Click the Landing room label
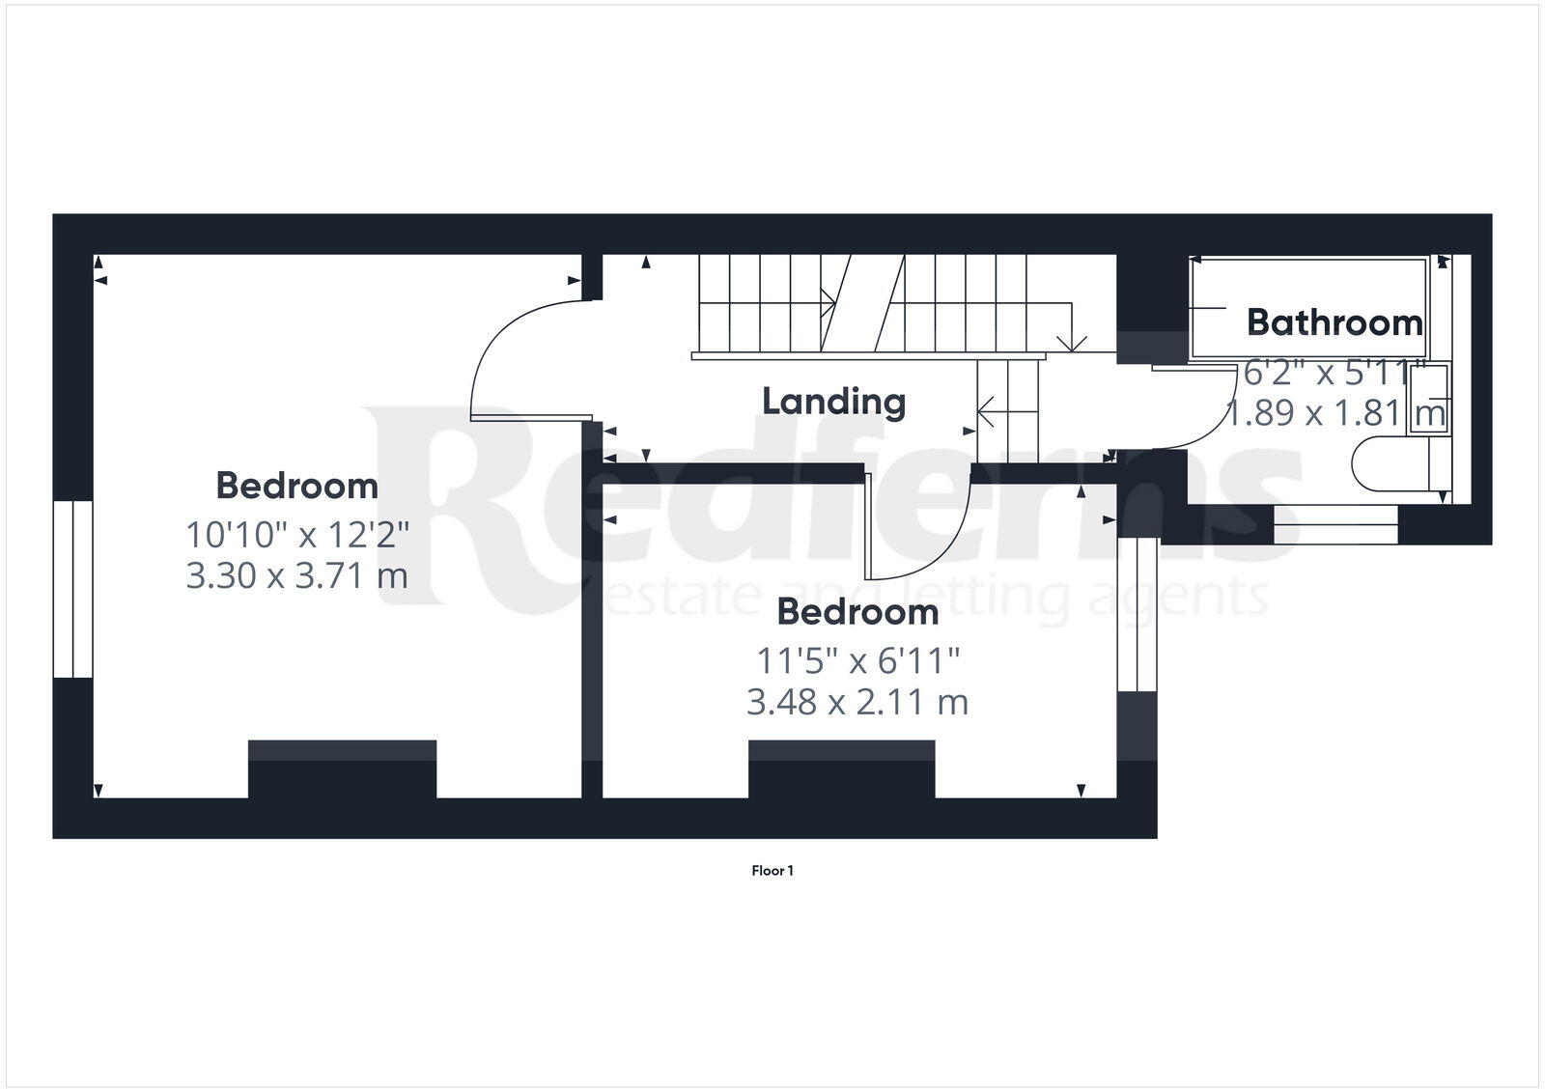tap(833, 402)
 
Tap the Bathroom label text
tap(1334, 322)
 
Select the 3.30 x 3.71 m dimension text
tap(296, 576)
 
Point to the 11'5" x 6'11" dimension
tap(857, 661)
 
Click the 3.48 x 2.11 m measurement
tap(857, 702)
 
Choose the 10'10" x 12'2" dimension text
tap(297, 533)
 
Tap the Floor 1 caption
tap(772, 871)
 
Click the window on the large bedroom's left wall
tap(72, 589)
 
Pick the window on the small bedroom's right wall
tap(1138, 614)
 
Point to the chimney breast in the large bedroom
tap(342, 768)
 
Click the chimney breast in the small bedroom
tap(841, 768)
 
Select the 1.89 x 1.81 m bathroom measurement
tap(1335, 413)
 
